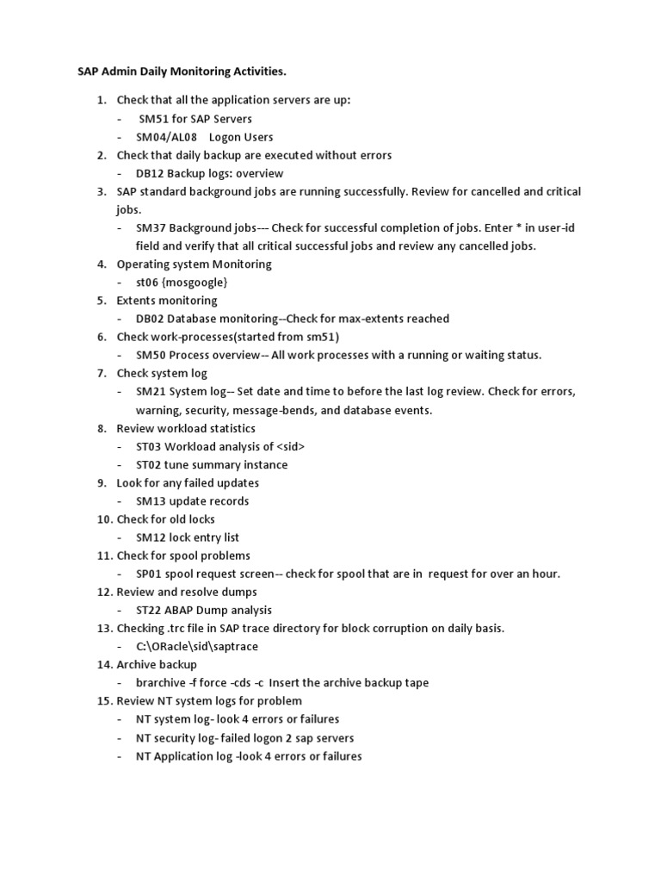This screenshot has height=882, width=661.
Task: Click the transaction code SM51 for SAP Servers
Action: coord(155,119)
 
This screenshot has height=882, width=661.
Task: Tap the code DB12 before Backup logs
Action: coord(151,173)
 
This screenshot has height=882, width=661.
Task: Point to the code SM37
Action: coord(151,228)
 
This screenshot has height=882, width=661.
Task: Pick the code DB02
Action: coord(151,319)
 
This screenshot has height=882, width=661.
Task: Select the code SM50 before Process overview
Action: coord(151,355)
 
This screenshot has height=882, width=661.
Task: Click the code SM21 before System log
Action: coord(151,391)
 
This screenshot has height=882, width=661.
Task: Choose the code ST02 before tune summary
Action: coord(150,464)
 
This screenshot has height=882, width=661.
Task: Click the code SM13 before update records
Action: coord(151,500)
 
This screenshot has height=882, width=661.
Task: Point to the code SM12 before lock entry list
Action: coord(151,537)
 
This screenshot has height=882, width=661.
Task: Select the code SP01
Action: coord(150,574)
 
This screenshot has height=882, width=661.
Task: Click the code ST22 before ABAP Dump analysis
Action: coord(150,610)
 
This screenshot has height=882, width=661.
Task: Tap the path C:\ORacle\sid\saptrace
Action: coord(196,646)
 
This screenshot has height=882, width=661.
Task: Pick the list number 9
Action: coord(102,482)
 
